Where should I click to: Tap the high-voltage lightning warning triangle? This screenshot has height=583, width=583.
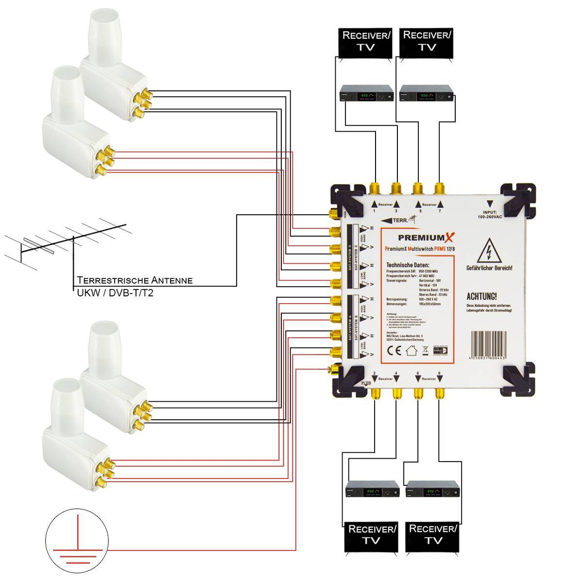[x=489, y=252]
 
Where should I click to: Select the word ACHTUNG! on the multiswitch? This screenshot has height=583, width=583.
[x=481, y=296]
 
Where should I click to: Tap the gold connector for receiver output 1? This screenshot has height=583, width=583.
[x=375, y=188]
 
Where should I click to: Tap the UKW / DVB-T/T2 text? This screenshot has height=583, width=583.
[x=115, y=293]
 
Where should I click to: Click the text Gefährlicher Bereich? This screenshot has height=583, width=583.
[x=489, y=268]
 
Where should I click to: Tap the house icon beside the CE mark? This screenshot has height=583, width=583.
[x=412, y=351]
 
